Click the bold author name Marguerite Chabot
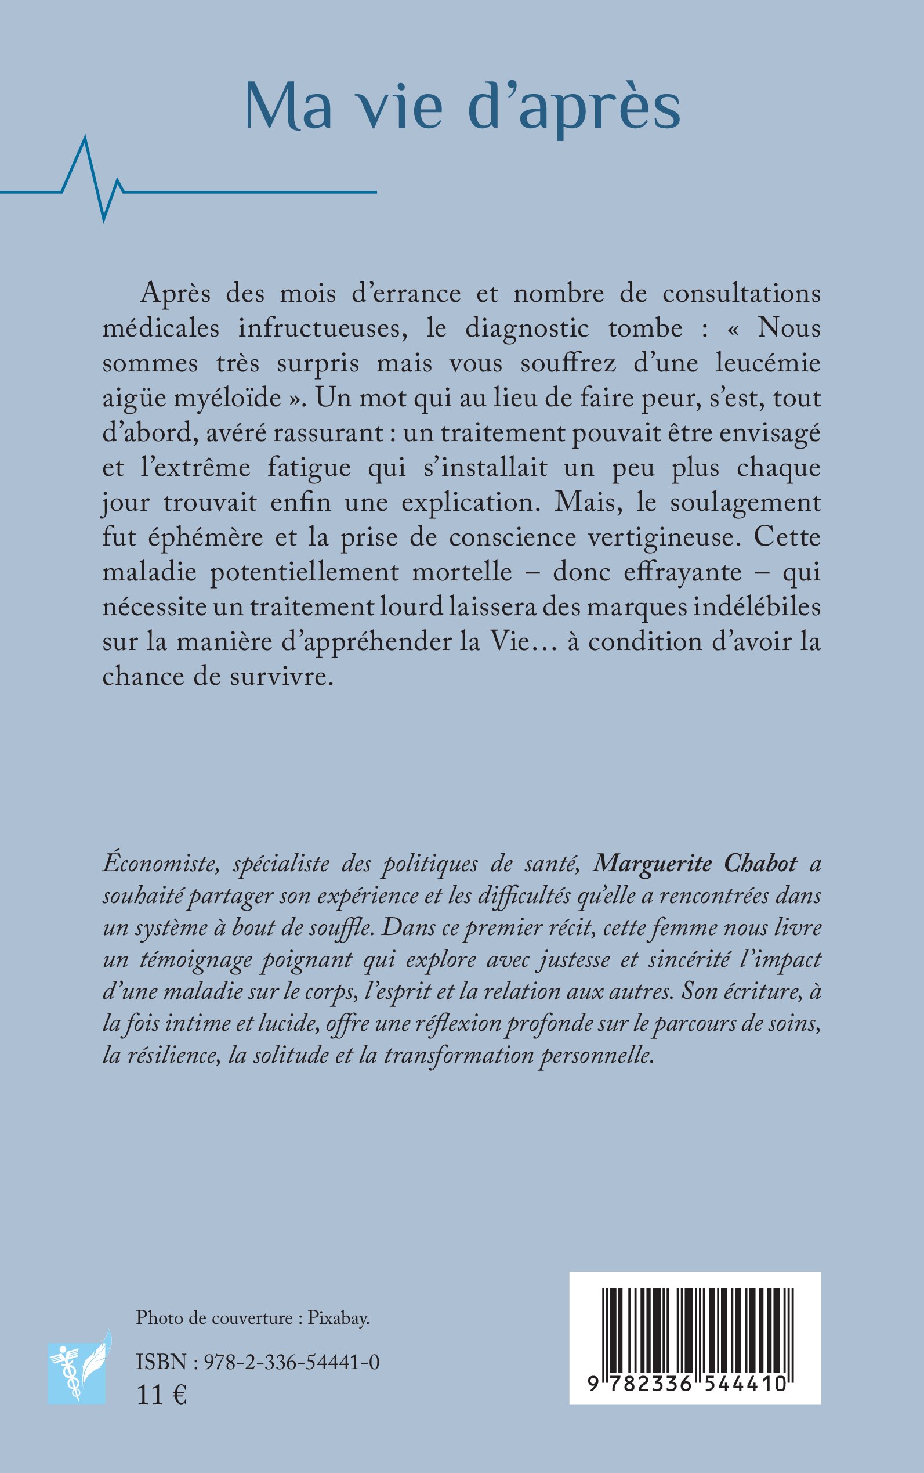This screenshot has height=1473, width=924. [x=696, y=864]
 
